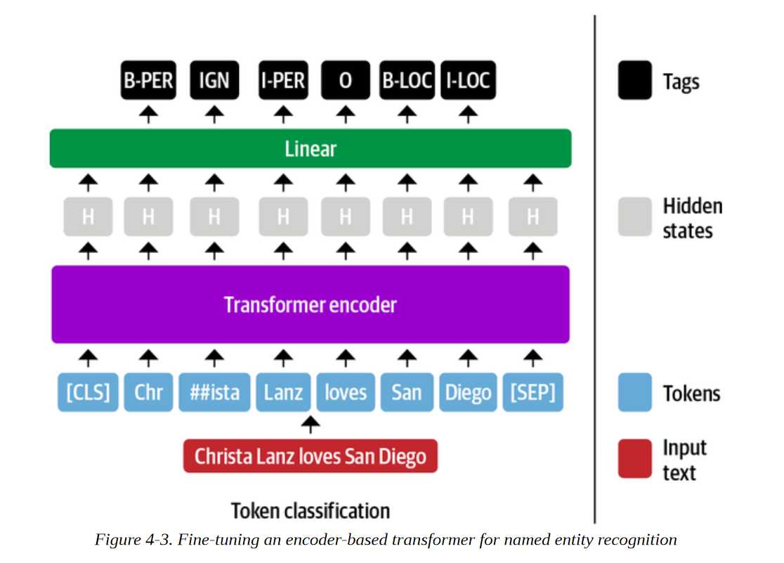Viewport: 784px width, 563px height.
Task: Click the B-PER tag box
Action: point(148,80)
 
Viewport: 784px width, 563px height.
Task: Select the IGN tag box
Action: point(214,80)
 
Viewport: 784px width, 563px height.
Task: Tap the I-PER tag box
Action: point(284,80)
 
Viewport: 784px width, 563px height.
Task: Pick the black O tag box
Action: point(346,80)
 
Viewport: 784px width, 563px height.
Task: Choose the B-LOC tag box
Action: point(407,80)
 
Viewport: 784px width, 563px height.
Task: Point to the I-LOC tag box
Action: point(468,80)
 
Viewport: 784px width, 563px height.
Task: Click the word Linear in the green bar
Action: point(311,148)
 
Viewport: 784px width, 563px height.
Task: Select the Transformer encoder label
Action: point(311,305)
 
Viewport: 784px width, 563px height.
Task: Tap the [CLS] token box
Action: point(88,392)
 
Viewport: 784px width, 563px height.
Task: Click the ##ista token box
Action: point(214,392)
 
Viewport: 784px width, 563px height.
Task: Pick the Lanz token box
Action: point(284,392)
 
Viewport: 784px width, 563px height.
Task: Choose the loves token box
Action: point(346,392)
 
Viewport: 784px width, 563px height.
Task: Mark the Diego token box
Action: point(468,392)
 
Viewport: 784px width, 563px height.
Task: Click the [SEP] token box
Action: point(533,392)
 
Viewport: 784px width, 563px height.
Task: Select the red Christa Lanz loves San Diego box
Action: point(311,456)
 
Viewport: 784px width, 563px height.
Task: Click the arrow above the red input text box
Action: point(311,425)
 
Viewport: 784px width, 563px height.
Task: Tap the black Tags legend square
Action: point(635,80)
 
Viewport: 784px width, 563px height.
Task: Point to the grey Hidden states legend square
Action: point(635,216)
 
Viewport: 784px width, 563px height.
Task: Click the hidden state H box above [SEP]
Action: point(533,216)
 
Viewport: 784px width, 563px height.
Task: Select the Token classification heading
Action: point(311,511)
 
